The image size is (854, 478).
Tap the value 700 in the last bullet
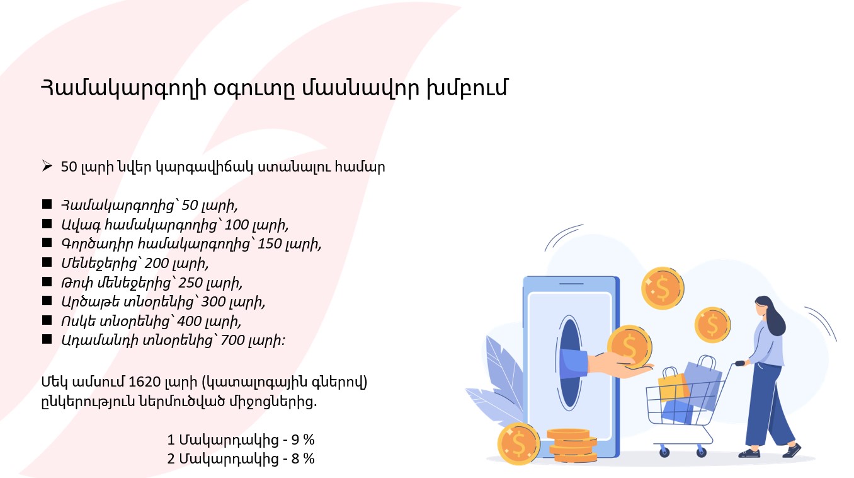232,340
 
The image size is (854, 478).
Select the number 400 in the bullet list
189,321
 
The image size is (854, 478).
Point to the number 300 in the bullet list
213,302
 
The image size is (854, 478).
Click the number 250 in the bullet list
190,283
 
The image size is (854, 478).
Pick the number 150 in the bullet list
269,243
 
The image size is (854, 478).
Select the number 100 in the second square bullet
236,224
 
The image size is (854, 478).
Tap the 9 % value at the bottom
303,440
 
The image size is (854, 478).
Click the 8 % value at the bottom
303,459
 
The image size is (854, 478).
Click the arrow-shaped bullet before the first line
47,166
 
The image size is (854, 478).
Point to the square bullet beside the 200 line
47,262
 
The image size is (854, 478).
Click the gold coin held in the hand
630,346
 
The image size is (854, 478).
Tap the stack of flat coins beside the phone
571,445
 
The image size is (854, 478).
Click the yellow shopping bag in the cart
673,386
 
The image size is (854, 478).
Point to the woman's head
766,308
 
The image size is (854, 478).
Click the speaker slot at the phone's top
571,284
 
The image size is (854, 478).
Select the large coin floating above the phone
663,288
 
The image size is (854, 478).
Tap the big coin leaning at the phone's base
519,444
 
